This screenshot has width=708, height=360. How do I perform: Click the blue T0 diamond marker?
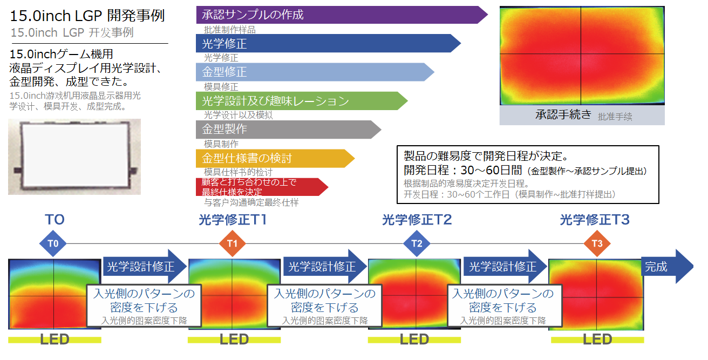pyautogui.click(x=53, y=243)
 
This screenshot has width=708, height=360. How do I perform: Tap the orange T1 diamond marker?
pyautogui.click(x=233, y=243)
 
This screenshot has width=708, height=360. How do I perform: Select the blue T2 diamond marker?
pyautogui.click(x=417, y=243)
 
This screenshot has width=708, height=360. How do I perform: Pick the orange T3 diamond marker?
pyautogui.click(x=597, y=243)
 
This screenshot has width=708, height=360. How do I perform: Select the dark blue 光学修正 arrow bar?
pyautogui.click(x=324, y=44)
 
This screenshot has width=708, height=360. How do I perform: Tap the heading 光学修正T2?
pyautogui.click(x=417, y=220)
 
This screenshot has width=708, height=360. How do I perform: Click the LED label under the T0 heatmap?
pyautogui.click(x=55, y=340)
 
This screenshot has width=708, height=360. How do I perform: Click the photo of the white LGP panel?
pyautogui.click(x=74, y=156)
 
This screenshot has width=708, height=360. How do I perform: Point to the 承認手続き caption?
pyautogui.click(x=563, y=115)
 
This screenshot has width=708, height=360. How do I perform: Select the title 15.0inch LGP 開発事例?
pyautogui.click(x=87, y=16)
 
